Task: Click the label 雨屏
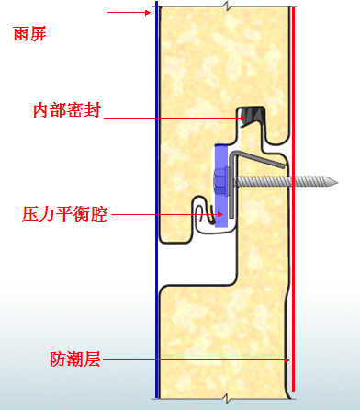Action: coord(29,33)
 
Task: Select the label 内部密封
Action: coord(67,110)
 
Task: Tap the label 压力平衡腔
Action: coord(65,214)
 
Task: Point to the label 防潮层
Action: coord(75,359)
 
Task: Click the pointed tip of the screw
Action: coord(337,183)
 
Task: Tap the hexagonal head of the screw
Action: coord(219,182)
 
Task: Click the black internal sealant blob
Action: coord(252,117)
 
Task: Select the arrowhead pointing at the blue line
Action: coord(148,13)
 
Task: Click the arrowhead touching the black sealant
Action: coord(242,118)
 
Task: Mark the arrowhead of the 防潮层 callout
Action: coord(287,360)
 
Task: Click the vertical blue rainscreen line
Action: coord(157,199)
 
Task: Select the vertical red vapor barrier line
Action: coord(293,199)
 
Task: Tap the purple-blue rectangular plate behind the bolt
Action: coord(221,186)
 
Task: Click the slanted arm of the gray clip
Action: coord(260,160)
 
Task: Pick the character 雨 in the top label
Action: coord(21,33)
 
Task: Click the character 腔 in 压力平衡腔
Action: coord(99,214)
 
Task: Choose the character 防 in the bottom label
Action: coord(58,359)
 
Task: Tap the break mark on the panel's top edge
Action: coord(227,6)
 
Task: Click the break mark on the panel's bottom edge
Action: coord(227,399)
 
